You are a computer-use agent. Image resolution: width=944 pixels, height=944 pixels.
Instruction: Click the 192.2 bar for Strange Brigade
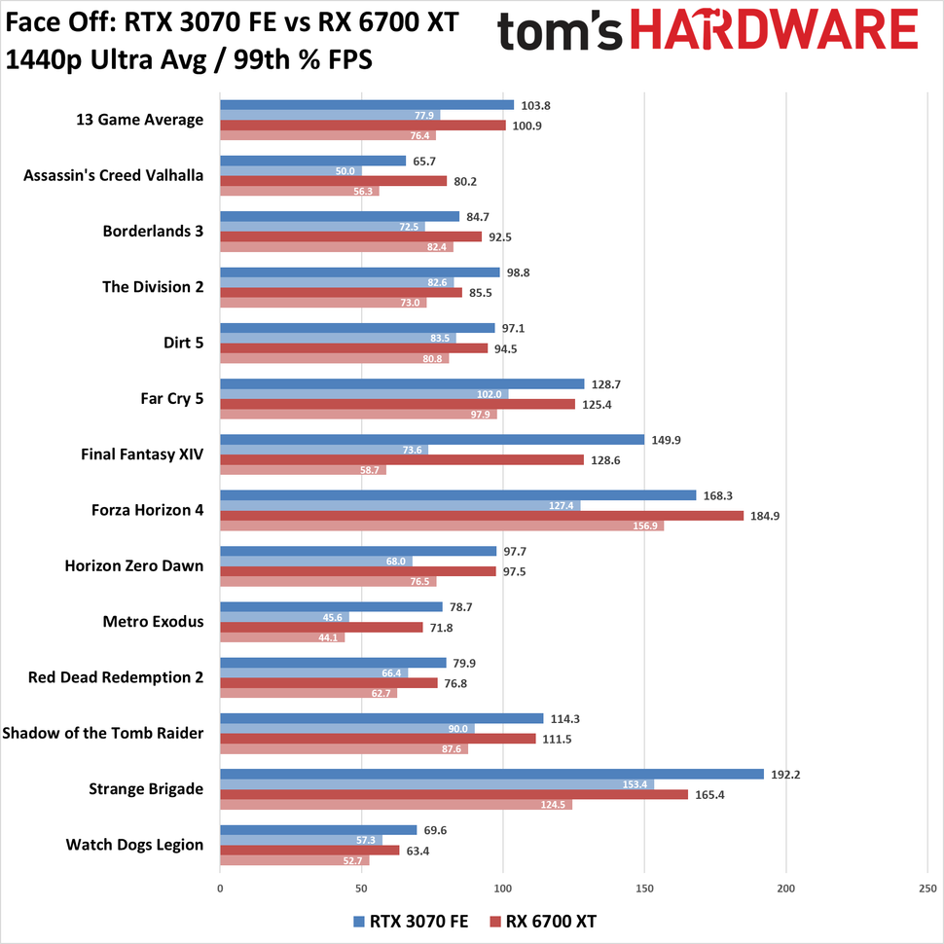[x=491, y=775]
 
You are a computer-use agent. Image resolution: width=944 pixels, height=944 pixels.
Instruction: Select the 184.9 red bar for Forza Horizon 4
[x=482, y=515]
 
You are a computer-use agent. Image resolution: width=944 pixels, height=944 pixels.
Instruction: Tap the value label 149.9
[x=667, y=440]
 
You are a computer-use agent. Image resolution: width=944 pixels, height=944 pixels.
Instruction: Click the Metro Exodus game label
[x=154, y=621]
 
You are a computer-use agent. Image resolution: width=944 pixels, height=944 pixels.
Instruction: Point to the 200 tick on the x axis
[x=786, y=889]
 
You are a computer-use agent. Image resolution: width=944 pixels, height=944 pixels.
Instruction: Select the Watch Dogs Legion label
[x=134, y=844]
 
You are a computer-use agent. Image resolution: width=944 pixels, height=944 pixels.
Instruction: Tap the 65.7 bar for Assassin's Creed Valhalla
[x=312, y=161]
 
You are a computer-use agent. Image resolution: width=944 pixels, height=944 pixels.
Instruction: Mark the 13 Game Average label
[x=139, y=120]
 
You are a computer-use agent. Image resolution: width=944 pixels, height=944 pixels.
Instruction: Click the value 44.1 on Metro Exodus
[x=331, y=637]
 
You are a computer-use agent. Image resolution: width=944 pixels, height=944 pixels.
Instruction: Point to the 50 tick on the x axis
[x=362, y=889]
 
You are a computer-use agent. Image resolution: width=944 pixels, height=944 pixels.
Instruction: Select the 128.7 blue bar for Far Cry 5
[x=402, y=384]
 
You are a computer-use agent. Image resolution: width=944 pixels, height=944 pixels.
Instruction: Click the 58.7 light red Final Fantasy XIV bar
[x=303, y=470]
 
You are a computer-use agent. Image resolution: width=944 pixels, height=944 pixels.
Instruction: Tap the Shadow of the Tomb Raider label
[x=103, y=733]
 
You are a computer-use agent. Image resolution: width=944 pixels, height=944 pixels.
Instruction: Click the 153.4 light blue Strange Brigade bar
[x=437, y=784]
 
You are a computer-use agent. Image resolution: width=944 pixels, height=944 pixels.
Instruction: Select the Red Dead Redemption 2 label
[x=116, y=676]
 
